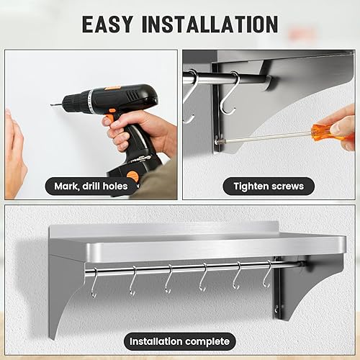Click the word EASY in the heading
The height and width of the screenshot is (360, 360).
(x=107, y=24)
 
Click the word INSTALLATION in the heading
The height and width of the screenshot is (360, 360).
(x=210, y=24)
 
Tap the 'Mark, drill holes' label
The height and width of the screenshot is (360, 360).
(x=91, y=186)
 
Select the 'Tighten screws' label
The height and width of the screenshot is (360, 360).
(x=269, y=186)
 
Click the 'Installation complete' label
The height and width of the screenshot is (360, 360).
(x=180, y=341)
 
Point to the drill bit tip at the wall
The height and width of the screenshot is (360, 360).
(x=51, y=104)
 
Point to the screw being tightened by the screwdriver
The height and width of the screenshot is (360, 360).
(x=217, y=142)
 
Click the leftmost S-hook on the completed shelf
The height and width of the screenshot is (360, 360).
(x=94, y=283)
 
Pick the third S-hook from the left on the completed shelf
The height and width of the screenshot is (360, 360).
(x=168, y=279)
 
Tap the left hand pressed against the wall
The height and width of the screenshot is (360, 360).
(x=15, y=153)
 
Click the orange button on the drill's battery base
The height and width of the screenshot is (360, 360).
(x=132, y=176)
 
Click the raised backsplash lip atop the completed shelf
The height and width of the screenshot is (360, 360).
(x=164, y=229)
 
